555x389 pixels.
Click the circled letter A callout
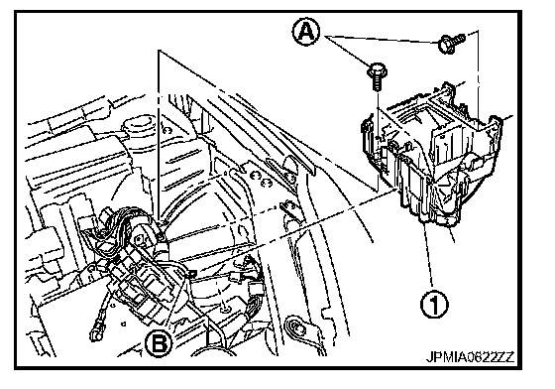(306, 32)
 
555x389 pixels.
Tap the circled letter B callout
(159, 343)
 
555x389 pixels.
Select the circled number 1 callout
(434, 304)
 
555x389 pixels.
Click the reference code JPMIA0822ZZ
(470, 357)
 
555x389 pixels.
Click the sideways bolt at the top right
(451, 43)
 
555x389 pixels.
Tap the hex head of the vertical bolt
(378, 70)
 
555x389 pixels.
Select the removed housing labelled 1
(432, 155)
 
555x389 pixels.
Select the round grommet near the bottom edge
(295, 327)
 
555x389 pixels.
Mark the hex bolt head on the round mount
(161, 235)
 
